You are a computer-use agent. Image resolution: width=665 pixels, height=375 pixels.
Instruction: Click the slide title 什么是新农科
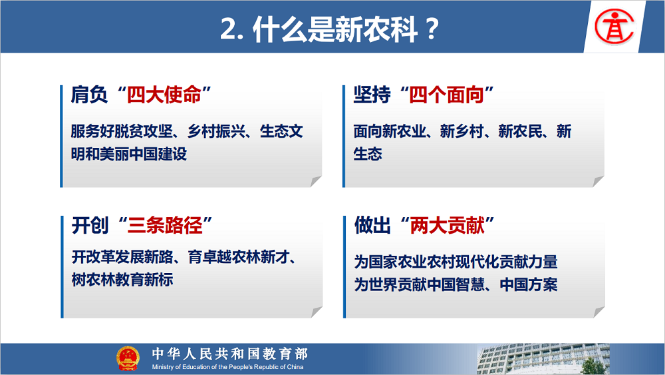[335, 29]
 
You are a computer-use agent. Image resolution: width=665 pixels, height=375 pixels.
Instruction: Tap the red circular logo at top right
[614, 27]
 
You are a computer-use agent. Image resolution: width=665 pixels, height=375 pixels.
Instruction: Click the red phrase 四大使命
[164, 95]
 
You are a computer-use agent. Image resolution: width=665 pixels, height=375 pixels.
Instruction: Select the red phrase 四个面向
[447, 95]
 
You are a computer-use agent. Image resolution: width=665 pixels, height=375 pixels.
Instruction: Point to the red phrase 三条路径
[164, 225]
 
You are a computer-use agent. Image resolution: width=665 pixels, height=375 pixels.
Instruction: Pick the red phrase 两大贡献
[447, 225]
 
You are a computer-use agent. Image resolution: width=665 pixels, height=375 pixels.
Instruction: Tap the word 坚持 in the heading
[372, 95]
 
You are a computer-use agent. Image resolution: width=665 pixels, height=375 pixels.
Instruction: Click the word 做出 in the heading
[372, 225]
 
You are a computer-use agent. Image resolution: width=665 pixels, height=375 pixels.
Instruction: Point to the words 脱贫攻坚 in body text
[144, 131]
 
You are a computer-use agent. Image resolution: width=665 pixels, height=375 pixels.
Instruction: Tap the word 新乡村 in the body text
[462, 131]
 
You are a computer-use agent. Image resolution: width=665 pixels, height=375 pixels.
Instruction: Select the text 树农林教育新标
[122, 280]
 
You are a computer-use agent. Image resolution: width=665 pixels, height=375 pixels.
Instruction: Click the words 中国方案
[529, 284]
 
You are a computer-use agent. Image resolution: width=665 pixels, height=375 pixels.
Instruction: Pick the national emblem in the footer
[128, 358]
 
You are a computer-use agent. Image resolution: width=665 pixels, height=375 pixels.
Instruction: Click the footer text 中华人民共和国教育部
[230, 353]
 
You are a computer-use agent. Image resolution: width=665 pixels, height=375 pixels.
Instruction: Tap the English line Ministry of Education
[227, 367]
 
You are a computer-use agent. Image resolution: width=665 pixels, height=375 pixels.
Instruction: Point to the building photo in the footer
[543, 359]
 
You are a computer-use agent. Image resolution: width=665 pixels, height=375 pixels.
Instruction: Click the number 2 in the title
[229, 30]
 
